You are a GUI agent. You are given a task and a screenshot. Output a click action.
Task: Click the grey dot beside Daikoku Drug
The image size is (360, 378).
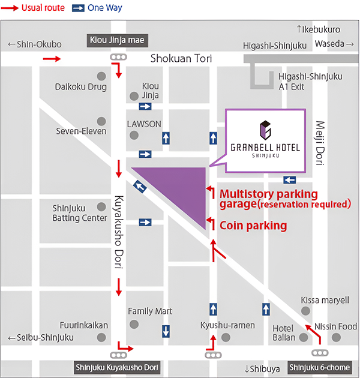coord(101,76)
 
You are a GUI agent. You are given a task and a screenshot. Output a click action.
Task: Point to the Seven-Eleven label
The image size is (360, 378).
coord(81,131)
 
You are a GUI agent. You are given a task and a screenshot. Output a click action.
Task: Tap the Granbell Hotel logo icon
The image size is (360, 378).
coord(265,129)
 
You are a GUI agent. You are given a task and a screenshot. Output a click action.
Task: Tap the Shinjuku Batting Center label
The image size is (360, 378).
coord(79,213)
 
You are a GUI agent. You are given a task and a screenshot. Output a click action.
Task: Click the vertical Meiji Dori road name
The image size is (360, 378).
coord(319,143)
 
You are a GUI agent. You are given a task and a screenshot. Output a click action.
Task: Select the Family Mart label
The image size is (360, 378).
coord(150,311)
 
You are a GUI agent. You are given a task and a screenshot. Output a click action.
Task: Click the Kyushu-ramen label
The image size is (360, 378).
coord(227,325)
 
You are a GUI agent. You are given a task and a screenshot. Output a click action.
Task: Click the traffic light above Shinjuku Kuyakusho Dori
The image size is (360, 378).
coord(118,355)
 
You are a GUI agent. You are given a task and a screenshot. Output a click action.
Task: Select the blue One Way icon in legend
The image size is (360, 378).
coord(78,8)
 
